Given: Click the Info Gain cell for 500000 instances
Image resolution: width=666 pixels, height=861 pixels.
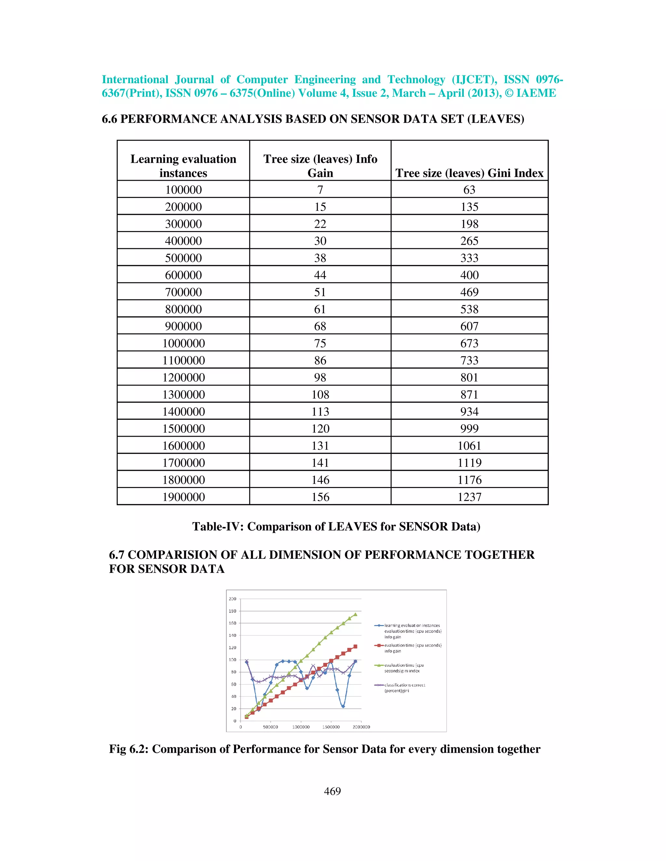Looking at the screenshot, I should (320, 258).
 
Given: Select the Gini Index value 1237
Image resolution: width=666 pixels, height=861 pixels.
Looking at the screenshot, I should (469, 497).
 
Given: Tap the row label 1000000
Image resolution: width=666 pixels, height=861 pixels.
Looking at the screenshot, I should (183, 343).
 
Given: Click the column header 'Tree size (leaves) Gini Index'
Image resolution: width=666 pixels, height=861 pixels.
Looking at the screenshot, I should (469, 173).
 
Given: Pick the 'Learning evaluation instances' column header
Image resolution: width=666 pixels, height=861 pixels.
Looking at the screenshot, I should (183, 166).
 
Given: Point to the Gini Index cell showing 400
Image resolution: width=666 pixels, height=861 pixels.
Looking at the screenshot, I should (469, 275).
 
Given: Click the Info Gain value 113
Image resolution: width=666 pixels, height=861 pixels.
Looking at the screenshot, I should (320, 412).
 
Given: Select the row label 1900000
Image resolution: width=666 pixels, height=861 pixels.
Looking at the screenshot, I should (183, 497).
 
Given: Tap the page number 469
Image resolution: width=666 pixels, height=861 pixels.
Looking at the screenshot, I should (332, 791).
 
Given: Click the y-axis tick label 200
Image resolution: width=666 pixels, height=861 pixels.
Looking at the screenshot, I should (233, 599).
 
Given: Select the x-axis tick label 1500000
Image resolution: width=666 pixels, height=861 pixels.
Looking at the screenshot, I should (331, 727).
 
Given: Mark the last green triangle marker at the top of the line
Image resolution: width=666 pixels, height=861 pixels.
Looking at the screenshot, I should (355, 614).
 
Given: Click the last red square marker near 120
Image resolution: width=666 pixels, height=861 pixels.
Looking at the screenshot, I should (355, 647).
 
